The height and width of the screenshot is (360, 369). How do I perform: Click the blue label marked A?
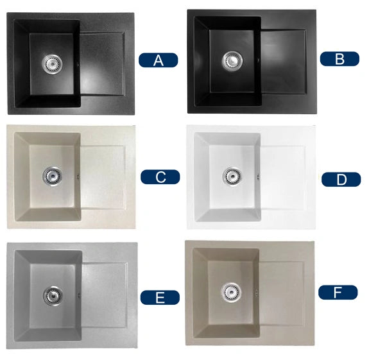[x=158, y=60]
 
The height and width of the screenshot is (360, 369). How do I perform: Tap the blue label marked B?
[x=339, y=59]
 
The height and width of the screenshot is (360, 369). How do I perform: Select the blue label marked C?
[x=160, y=176]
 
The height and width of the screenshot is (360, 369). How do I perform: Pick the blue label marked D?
[x=341, y=180]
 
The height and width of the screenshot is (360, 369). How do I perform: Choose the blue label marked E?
[x=160, y=297]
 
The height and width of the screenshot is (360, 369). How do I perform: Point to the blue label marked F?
[x=338, y=292]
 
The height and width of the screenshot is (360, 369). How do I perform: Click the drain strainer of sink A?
[x=52, y=64]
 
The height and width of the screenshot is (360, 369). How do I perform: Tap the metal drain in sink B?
[x=232, y=60]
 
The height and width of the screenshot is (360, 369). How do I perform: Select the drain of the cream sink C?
[x=52, y=176]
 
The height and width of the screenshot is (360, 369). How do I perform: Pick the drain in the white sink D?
[x=232, y=176]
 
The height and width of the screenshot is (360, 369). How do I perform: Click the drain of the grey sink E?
[x=53, y=296]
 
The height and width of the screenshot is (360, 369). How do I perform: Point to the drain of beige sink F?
[x=231, y=292]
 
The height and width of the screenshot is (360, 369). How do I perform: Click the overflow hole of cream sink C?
[x=78, y=176]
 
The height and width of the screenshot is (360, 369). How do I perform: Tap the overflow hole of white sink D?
[x=258, y=177]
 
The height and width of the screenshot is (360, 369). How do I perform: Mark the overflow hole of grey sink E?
[x=80, y=296]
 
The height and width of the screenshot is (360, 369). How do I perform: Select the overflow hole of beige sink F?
[x=257, y=293]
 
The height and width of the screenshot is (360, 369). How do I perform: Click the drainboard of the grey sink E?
[x=105, y=295]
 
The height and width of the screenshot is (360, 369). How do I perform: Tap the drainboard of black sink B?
[x=284, y=62]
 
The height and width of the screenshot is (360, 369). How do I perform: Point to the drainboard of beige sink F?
[x=282, y=293]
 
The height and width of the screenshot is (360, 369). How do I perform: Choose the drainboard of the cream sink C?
[x=103, y=177]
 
